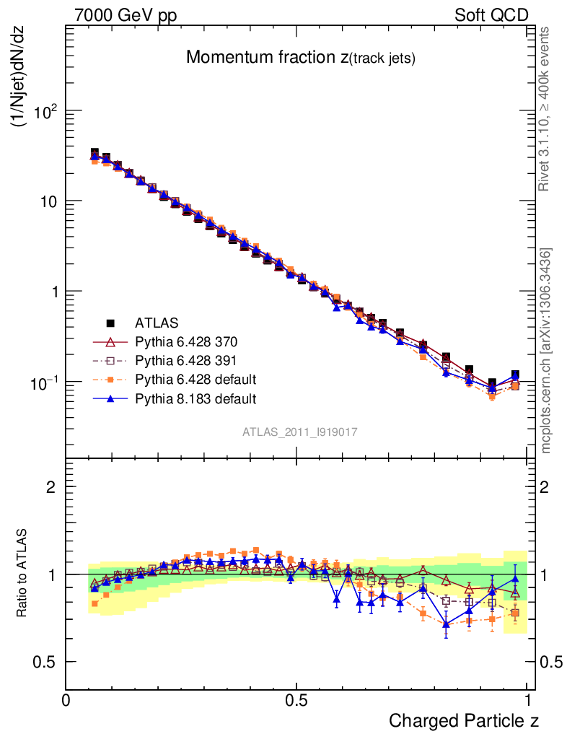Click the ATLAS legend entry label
pos(157,322)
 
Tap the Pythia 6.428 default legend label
pos(196,380)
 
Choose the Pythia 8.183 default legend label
pos(196,398)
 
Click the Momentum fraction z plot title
pos(301,58)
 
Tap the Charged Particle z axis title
pos(464,720)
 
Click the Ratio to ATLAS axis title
pos(22,574)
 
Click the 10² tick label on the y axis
pos(44,111)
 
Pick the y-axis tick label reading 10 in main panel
pos(48,201)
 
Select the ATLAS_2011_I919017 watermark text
pos(300,432)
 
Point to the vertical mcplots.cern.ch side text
pos(546,351)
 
